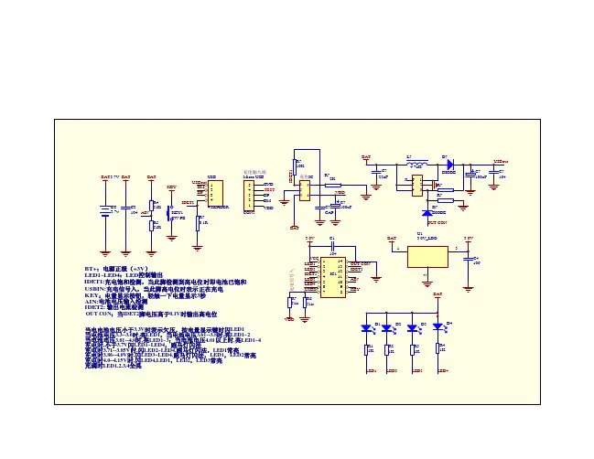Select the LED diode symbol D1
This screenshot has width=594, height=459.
click(x=370, y=327)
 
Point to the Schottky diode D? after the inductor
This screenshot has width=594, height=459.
click(x=448, y=165)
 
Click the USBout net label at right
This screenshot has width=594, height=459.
click(x=502, y=161)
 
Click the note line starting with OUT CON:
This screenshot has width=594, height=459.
click(x=150, y=314)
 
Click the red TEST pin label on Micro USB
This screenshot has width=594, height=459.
click(x=269, y=190)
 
